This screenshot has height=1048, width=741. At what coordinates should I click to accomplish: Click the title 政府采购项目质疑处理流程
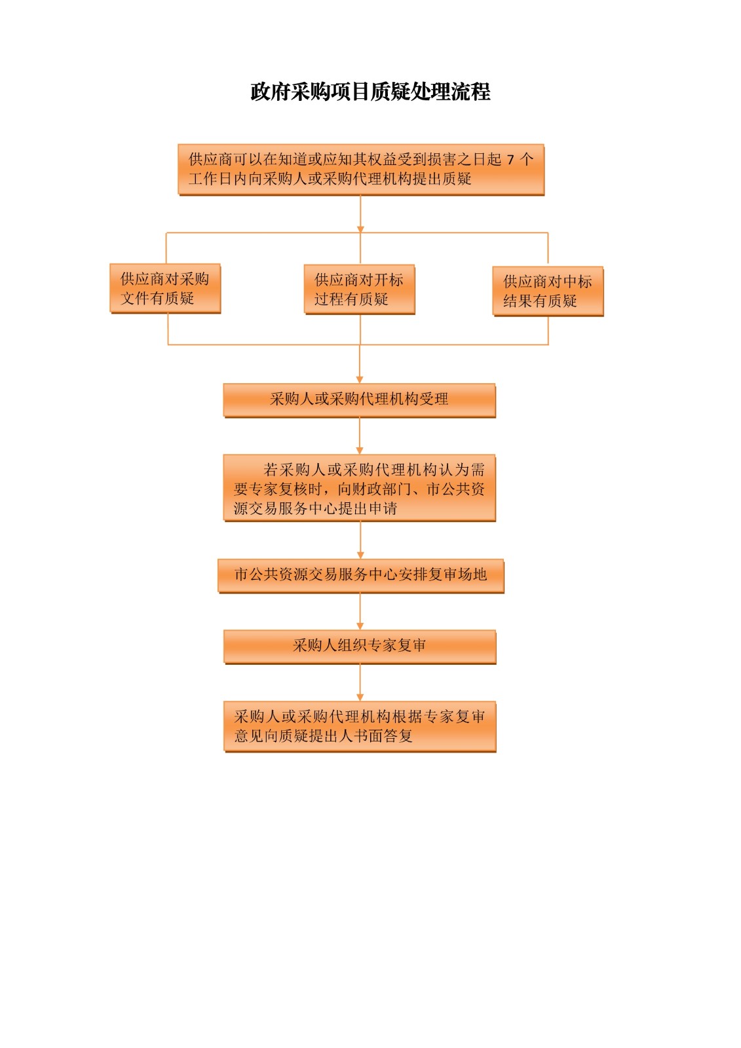[370, 92]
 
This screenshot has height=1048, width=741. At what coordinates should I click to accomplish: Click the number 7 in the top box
[510, 160]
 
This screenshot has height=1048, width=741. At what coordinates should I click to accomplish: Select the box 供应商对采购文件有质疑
[165, 289]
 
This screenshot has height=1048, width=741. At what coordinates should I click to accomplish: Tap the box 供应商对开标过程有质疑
[360, 290]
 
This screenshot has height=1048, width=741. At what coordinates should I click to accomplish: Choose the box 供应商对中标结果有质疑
[548, 291]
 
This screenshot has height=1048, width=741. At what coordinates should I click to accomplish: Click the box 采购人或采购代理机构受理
[360, 400]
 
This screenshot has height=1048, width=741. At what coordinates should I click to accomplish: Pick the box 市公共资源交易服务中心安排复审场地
[361, 576]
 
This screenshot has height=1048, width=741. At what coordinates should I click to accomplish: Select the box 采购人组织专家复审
[360, 647]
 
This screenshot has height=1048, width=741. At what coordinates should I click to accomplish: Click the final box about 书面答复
[360, 726]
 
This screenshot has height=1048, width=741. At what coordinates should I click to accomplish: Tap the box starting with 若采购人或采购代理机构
[360, 488]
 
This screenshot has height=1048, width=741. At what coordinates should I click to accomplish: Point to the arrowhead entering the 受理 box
[360, 379]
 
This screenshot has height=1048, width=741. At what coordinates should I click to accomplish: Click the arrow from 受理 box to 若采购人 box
[360, 436]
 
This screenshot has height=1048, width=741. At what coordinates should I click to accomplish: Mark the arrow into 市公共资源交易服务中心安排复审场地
[360, 540]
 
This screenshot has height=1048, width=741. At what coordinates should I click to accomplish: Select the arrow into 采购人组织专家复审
[360, 612]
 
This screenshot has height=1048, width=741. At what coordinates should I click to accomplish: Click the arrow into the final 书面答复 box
[360, 683]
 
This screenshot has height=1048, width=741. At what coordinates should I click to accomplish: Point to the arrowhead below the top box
[360, 229]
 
